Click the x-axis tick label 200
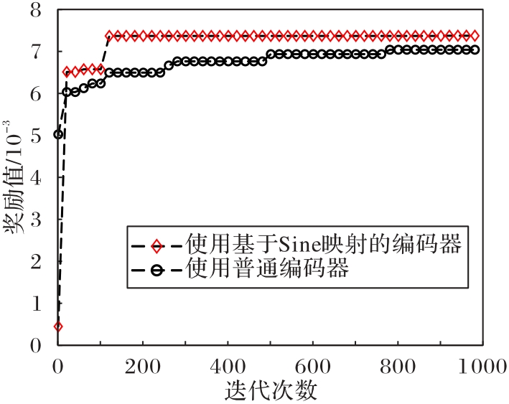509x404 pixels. point(143,367)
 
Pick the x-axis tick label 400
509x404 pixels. point(228,367)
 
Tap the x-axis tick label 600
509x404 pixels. point(312,367)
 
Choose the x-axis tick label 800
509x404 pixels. point(397,367)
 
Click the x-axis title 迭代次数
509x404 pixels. point(270,392)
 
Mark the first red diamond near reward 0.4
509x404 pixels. point(58,327)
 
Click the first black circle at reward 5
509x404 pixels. point(59,134)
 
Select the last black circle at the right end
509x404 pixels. point(475,50)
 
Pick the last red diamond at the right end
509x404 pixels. point(475,35)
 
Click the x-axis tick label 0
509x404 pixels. point(58,367)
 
